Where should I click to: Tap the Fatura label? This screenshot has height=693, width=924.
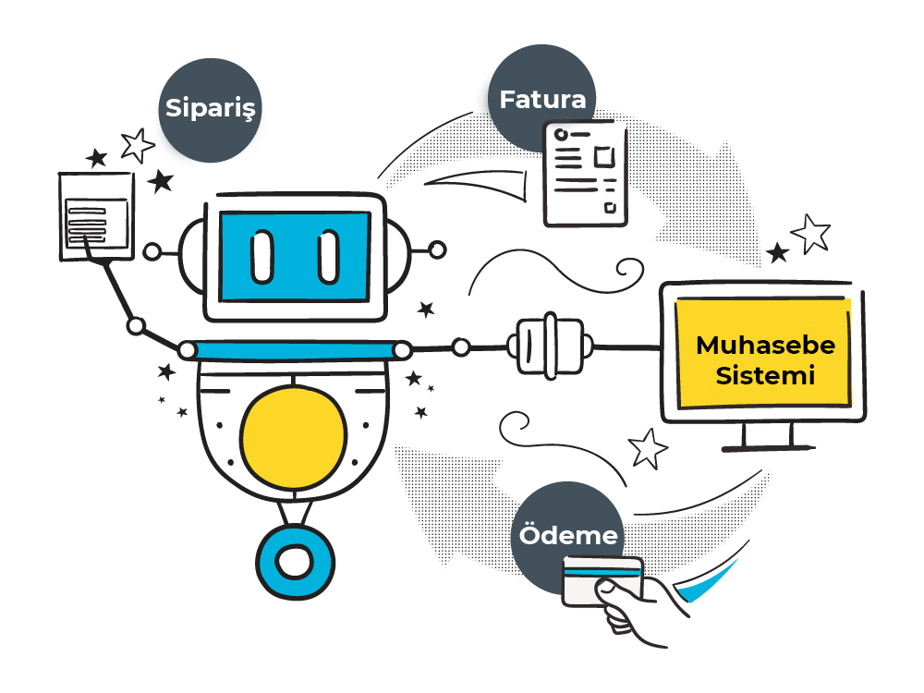coord(542,100)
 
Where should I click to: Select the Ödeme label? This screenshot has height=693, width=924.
coord(567,535)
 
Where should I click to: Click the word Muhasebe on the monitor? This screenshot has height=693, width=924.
coord(765,346)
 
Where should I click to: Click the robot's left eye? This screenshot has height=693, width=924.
coord(262,256)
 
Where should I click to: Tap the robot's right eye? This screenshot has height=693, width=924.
coord(329,256)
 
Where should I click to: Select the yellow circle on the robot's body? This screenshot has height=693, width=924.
coord(294,437)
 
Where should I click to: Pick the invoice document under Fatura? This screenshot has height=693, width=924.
coord(584,174)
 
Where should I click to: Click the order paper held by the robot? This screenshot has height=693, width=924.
coord(96,215)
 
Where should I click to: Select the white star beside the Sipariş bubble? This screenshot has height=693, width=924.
coord(138,145)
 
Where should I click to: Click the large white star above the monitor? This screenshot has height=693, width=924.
coord(812,233)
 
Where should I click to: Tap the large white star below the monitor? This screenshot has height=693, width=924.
coord(648,448)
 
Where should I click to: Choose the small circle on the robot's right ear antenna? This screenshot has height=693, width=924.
coord(438,249)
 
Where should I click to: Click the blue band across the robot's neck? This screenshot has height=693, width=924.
coord(294,349)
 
